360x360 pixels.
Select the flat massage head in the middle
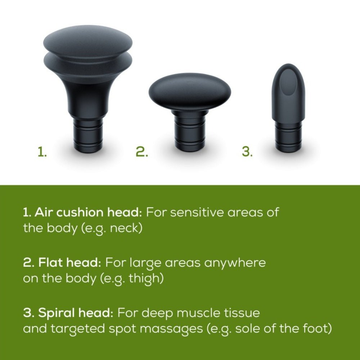click(x=190, y=91)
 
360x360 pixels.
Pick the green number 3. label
click(x=247, y=152)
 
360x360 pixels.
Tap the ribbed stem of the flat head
click(x=190, y=133)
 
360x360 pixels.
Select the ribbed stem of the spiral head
click(x=288, y=137)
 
